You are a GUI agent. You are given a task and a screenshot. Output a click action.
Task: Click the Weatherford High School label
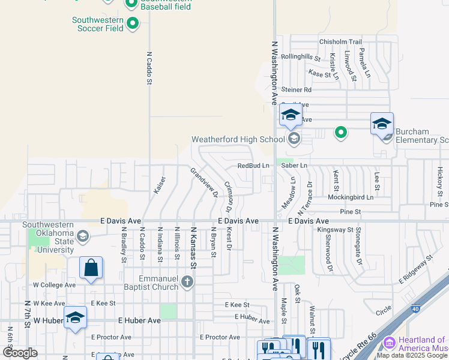[238, 140]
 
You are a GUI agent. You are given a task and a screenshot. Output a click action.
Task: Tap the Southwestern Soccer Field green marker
[133, 24]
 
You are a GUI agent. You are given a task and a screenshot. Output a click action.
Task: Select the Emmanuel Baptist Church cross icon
[187, 281]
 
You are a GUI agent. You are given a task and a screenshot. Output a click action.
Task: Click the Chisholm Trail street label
[340, 41]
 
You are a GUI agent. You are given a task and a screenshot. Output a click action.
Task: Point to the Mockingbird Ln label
[351, 197]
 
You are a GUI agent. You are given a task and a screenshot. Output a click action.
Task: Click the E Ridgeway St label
[411, 268]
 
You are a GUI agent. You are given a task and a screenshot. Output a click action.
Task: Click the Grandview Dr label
[203, 180]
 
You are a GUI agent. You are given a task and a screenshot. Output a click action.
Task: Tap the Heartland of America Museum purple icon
[389, 343]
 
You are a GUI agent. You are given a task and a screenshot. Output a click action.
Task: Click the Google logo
[20, 353]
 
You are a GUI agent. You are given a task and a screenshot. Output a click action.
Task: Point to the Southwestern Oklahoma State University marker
[83, 237]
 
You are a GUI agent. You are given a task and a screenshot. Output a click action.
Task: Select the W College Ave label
[54, 284]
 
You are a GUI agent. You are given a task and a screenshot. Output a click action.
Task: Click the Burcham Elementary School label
[418, 140]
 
